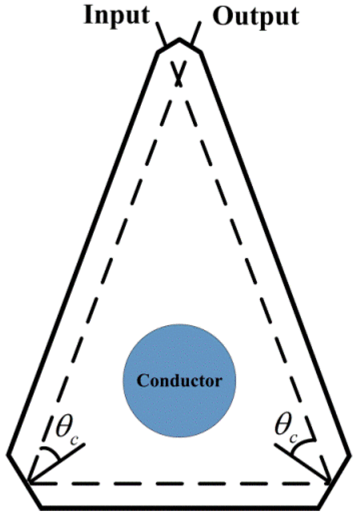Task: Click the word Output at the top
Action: (256, 16)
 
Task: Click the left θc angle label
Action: (64, 427)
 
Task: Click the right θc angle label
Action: (287, 427)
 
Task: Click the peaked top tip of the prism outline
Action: (179, 39)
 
